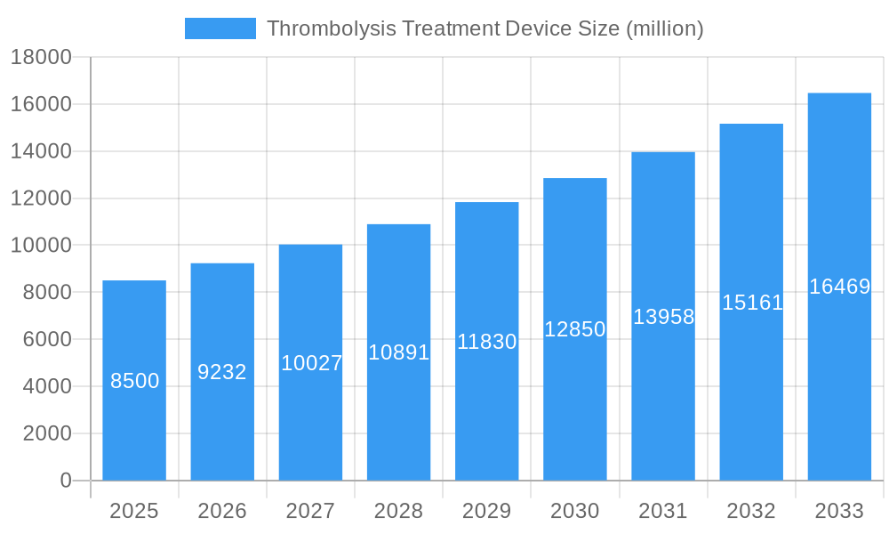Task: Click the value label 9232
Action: click(222, 372)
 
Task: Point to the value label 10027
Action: click(311, 363)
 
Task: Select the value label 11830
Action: click(486, 342)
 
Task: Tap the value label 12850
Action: click(575, 329)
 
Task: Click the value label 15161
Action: click(752, 303)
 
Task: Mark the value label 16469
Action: click(839, 287)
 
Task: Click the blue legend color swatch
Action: click(220, 28)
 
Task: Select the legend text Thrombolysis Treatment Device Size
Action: click(485, 28)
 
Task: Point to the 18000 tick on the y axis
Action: click(41, 57)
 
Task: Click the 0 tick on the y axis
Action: click(65, 481)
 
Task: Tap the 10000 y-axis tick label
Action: click(41, 246)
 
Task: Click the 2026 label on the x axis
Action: click(222, 511)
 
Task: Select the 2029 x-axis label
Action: click(486, 511)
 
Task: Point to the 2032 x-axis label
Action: click(751, 511)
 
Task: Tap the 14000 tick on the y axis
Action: click(41, 151)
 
